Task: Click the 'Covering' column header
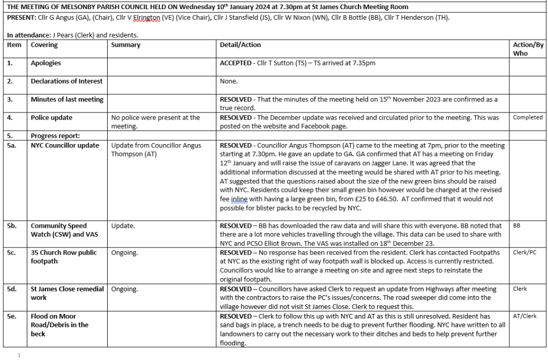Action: click(44, 45)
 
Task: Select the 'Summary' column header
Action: click(125, 45)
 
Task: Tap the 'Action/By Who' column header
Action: click(528, 49)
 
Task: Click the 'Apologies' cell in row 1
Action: click(46, 63)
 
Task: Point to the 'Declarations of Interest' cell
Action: click(66, 81)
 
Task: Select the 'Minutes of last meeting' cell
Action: click(67, 100)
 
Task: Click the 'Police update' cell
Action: click(51, 117)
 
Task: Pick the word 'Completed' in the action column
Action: click(528, 117)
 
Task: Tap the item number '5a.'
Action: click(12, 145)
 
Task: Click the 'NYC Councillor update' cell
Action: click(65, 145)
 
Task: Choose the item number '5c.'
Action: click(12, 252)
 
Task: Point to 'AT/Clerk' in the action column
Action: click(524, 316)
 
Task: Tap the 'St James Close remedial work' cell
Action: click(67, 293)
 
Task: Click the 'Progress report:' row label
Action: click(55, 136)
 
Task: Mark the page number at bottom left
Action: click(19, 355)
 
